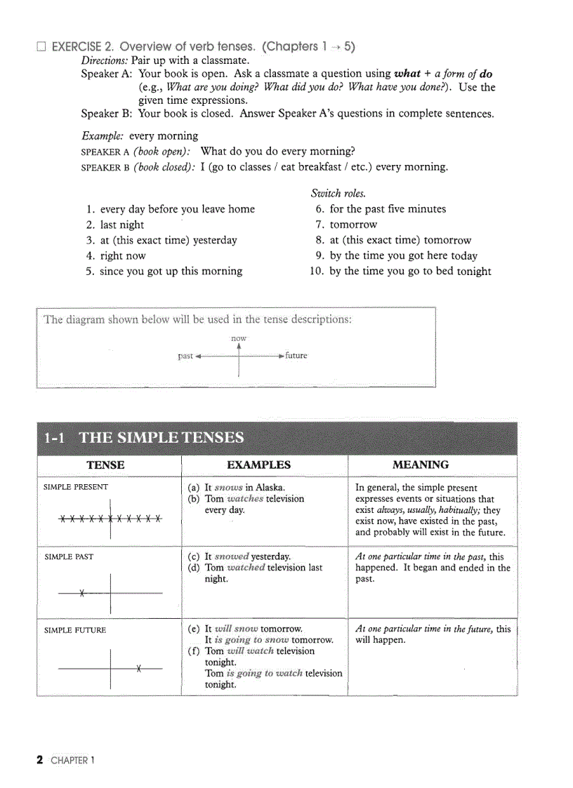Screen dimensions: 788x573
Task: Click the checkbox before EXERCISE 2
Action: (41, 48)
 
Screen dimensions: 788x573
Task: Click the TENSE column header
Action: (105, 465)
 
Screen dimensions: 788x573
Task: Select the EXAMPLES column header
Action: (258, 465)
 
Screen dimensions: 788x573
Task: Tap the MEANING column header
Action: (421, 465)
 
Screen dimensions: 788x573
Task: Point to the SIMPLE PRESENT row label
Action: (76, 487)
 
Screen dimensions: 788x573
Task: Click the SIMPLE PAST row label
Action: (69, 557)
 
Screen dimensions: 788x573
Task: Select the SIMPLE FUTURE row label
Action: (75, 630)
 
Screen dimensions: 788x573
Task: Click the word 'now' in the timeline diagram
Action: (239, 338)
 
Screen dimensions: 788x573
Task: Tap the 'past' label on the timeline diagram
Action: (185, 356)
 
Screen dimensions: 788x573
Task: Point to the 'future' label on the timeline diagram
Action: (296, 356)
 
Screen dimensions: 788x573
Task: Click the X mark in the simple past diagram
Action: (82, 594)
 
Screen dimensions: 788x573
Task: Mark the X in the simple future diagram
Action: (139, 668)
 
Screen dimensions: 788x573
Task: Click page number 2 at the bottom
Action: (40, 760)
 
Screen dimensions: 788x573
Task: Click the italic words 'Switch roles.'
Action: (338, 194)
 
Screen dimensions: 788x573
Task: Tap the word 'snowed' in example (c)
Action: (232, 557)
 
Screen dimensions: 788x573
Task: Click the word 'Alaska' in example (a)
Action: (270, 488)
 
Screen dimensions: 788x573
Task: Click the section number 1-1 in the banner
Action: (55, 439)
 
